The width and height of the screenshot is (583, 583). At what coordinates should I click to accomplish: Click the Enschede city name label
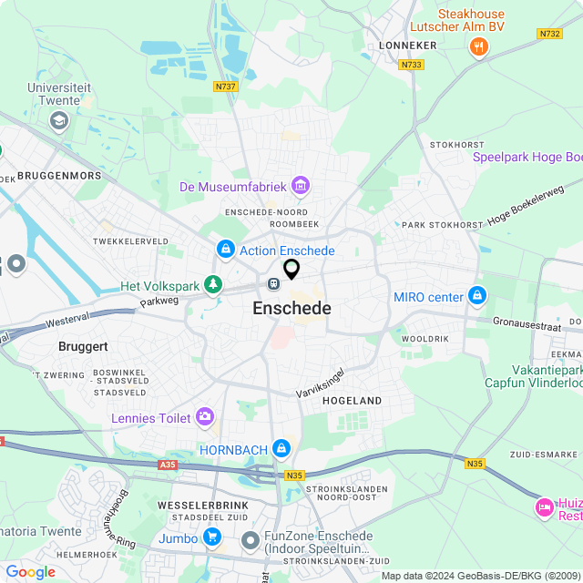[291, 309]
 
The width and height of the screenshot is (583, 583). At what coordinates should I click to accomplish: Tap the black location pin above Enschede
[291, 269]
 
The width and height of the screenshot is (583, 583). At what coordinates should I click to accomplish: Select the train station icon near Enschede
[273, 283]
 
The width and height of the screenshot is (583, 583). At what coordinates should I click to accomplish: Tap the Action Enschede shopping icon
[225, 250]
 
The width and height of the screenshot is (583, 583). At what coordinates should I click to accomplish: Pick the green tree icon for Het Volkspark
[212, 286]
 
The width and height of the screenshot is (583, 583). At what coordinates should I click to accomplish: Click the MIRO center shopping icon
[476, 296]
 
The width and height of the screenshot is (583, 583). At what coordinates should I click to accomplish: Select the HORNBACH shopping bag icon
[282, 448]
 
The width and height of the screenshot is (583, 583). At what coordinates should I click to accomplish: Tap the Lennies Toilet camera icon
[206, 417]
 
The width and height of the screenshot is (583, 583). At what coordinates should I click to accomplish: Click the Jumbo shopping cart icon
[212, 537]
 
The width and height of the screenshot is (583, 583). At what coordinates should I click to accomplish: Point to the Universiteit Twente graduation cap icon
[59, 120]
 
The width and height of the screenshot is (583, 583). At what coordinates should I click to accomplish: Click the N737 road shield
[225, 87]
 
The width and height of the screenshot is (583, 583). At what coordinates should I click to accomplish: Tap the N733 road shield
[411, 65]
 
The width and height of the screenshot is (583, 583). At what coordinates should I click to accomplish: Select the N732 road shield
[549, 34]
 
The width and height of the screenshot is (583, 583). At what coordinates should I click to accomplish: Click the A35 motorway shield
[167, 465]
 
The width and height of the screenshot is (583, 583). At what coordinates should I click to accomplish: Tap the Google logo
[30, 571]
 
